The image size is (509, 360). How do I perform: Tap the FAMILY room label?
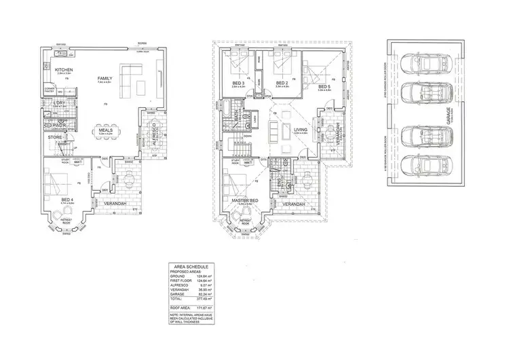[105, 78]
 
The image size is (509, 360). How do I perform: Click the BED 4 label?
[67, 200]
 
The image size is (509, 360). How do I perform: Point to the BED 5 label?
[324, 86]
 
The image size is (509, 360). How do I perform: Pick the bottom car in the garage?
[419, 165]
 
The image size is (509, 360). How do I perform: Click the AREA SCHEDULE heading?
[190, 267]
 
